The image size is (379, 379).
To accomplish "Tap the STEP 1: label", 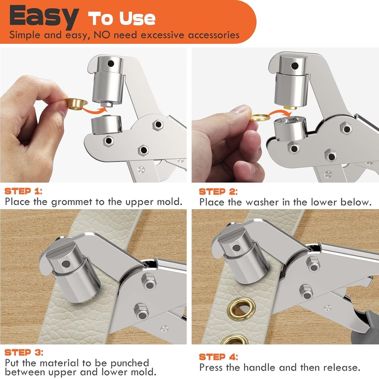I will (x=23, y=191).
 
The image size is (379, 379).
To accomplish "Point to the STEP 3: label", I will (x=23, y=352).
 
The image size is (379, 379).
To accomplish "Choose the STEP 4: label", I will (x=218, y=357).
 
